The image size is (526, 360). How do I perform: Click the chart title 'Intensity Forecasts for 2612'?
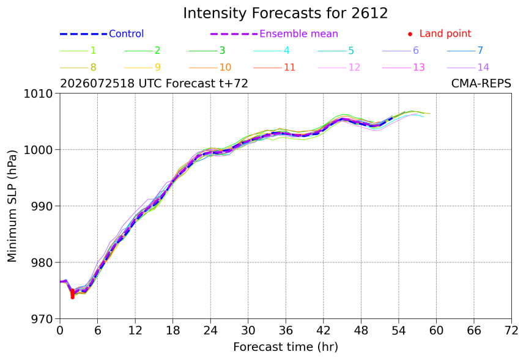click(286, 13)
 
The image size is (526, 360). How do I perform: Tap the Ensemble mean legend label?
click(298, 34)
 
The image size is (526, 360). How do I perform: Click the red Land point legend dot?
click(410, 34)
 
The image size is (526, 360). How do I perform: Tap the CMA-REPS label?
click(481, 84)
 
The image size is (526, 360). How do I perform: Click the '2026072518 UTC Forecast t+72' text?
click(154, 84)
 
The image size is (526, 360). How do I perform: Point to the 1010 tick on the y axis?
click(38, 94)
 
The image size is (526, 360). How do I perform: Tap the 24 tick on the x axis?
click(210, 331)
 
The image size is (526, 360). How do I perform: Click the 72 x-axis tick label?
click(511, 331)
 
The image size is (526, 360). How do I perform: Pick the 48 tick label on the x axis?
click(361, 331)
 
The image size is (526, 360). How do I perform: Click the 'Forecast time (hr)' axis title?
click(286, 347)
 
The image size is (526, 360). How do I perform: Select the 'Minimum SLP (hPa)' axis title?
click(12, 206)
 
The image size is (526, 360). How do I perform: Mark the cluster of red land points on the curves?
click(72, 293)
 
